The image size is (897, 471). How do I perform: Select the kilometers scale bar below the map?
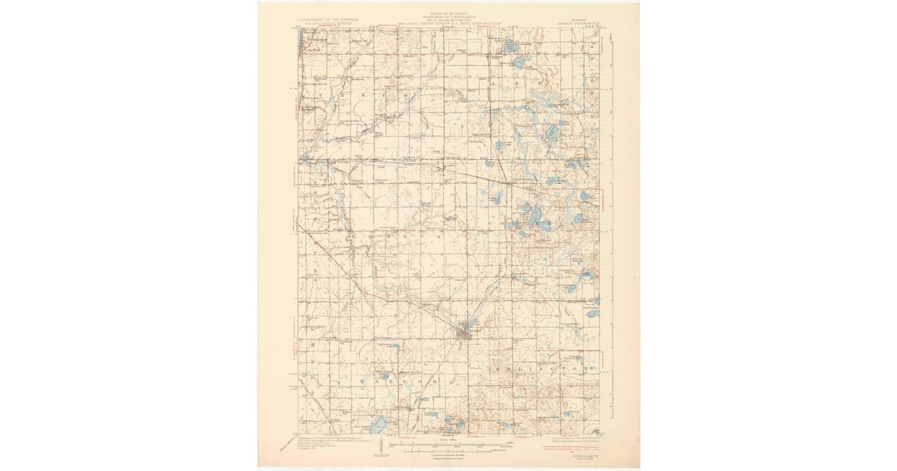click(449, 450)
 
